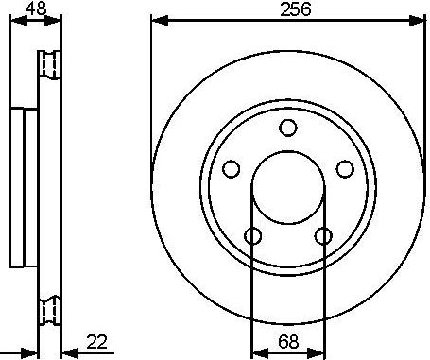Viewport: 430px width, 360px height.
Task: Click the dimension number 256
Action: [295, 9]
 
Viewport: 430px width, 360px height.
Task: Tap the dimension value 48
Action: [36, 9]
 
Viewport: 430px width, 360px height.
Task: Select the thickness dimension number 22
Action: [96, 342]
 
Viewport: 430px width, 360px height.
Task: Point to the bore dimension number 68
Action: [288, 342]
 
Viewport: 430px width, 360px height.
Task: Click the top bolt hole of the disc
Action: [288, 128]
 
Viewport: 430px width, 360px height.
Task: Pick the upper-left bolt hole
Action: [231, 169]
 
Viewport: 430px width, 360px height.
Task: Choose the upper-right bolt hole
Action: [345, 169]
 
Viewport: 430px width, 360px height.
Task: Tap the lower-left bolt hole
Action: [253, 236]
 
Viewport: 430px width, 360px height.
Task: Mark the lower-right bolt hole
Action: [323, 236]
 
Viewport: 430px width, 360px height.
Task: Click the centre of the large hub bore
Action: [288, 188]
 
